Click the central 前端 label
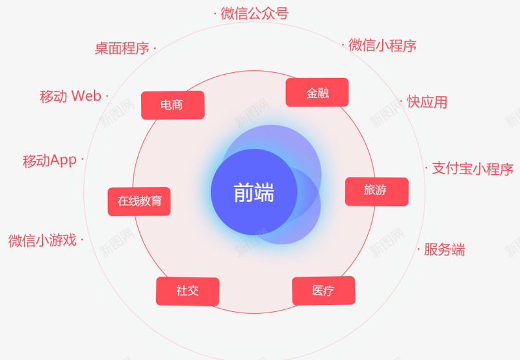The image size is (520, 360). pyautogui.click(x=254, y=192)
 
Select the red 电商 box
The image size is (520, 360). pyautogui.click(x=173, y=105)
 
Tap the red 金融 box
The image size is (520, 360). pyautogui.click(x=317, y=92)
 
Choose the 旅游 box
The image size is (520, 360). pyautogui.click(x=377, y=192)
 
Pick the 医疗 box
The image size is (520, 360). pyautogui.click(x=324, y=290)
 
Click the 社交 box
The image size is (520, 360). pyautogui.click(x=188, y=291)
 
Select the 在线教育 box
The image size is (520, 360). pyautogui.click(x=139, y=201)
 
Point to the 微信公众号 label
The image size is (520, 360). pyautogui.click(x=255, y=14)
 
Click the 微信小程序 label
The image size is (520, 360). pyautogui.click(x=382, y=45)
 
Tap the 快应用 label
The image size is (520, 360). pyautogui.click(x=427, y=101)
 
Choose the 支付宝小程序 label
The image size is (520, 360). pyautogui.click(x=473, y=169)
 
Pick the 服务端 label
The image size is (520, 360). pyautogui.click(x=445, y=250)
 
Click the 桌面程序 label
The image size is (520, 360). pyautogui.click(x=122, y=48)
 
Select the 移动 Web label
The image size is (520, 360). pyautogui.click(x=70, y=96)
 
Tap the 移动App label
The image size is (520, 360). pyautogui.click(x=50, y=161)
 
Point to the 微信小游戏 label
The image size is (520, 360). pyautogui.click(x=42, y=240)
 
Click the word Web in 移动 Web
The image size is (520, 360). pyautogui.click(x=86, y=96)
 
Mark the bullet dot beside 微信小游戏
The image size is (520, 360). pyautogui.click(x=82, y=240)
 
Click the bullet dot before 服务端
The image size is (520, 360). pyautogui.click(x=419, y=249)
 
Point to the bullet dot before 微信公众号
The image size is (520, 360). pyautogui.click(x=215, y=14)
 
